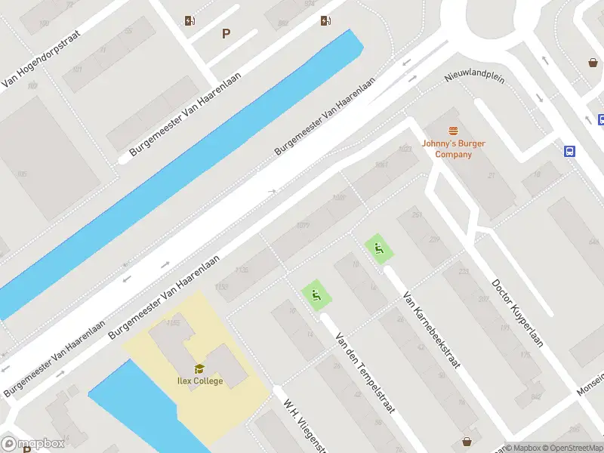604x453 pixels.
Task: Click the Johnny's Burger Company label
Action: click(x=453, y=149)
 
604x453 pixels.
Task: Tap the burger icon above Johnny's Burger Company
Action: click(x=453, y=131)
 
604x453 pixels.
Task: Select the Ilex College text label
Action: click(x=200, y=381)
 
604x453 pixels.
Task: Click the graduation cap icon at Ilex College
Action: click(x=199, y=368)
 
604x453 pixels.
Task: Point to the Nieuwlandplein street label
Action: click(x=474, y=73)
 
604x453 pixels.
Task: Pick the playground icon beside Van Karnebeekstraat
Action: click(x=379, y=248)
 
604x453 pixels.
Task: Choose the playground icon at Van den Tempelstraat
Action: click(x=316, y=295)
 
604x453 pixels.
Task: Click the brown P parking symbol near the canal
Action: click(x=225, y=34)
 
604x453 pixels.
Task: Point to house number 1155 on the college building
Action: click(x=173, y=322)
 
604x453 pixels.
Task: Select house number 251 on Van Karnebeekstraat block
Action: click(x=416, y=215)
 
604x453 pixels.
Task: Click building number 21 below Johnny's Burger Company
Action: click(x=491, y=176)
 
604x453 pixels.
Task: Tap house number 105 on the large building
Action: click(x=22, y=174)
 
